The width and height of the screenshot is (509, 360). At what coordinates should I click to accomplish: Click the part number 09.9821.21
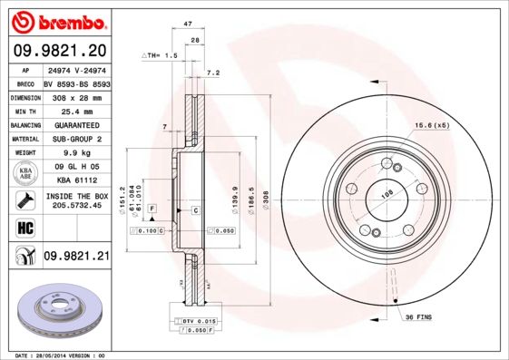click(x=76, y=257)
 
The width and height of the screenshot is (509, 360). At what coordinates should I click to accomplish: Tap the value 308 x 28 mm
click(x=76, y=96)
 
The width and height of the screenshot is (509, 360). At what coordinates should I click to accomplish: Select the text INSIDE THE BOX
click(x=77, y=195)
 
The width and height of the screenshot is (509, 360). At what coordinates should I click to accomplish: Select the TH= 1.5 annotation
click(x=163, y=56)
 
